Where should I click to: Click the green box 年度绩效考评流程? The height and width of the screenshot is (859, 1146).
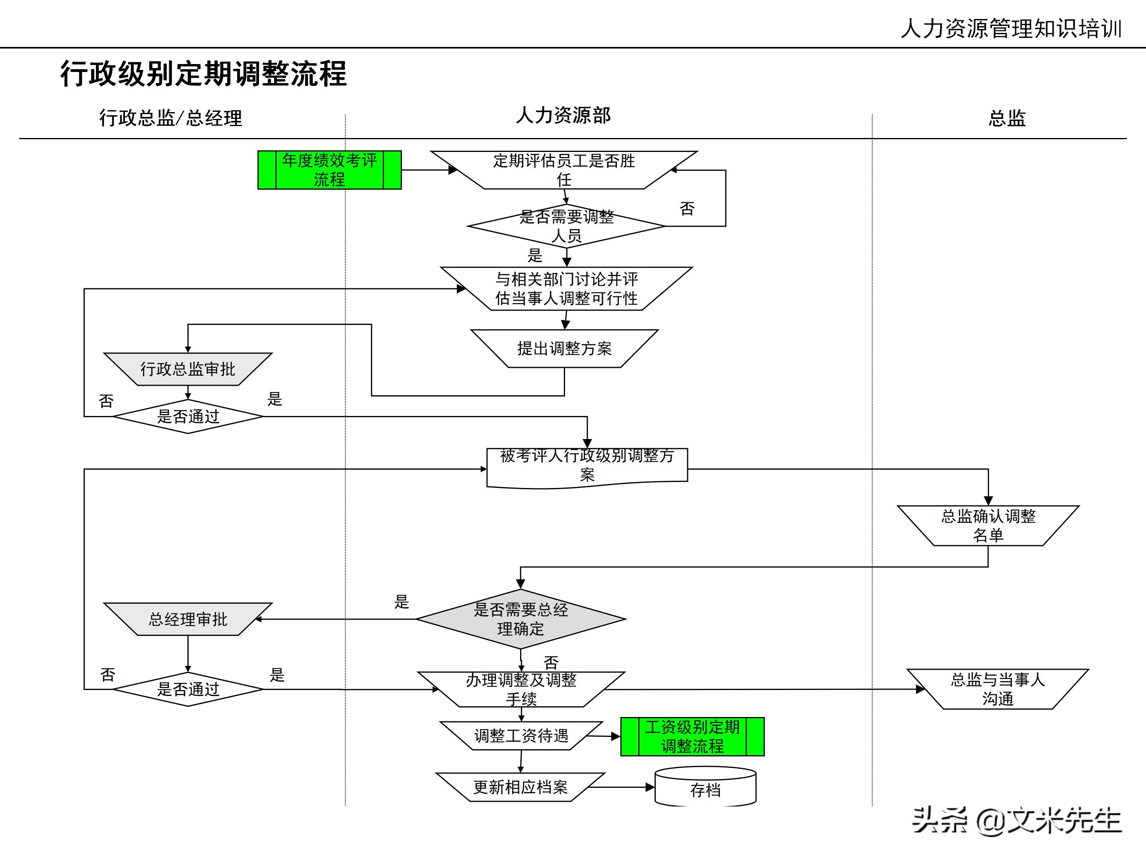click(329, 170)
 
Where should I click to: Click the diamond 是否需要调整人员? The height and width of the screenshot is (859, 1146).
click(566, 226)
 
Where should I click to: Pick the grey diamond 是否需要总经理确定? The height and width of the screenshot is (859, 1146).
click(520, 619)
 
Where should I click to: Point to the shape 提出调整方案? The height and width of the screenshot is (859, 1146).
click(564, 348)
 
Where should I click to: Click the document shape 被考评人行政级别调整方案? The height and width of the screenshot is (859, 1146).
click(587, 466)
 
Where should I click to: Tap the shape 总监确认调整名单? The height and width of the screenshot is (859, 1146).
click(988, 526)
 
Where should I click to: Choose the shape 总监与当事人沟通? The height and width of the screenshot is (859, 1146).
click(997, 689)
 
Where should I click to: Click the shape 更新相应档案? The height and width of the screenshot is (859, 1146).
click(520, 787)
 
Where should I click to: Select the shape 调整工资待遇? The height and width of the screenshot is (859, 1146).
click(520, 736)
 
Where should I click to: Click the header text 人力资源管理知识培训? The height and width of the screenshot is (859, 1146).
click(1011, 29)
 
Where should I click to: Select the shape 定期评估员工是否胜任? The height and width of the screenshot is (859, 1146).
click(564, 170)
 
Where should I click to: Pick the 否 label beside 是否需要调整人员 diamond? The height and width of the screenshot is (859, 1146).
click(686, 209)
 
